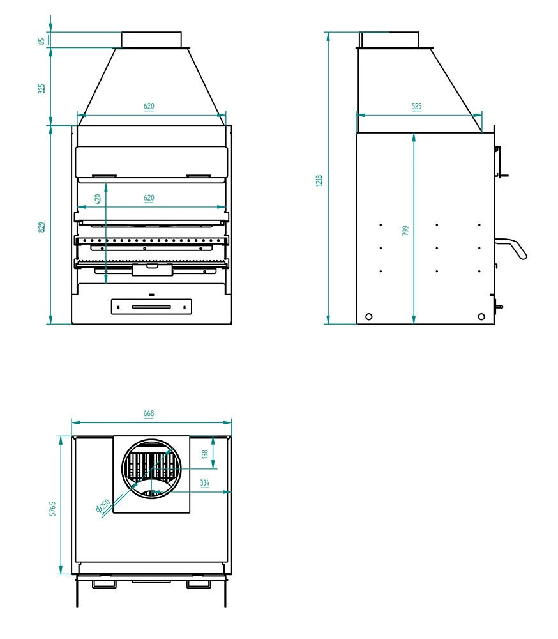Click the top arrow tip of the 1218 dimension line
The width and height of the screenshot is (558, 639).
(328, 32)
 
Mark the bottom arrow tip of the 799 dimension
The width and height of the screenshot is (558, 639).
(414, 324)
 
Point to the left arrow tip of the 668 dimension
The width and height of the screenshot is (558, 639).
(72, 422)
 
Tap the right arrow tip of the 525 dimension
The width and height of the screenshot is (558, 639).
(482, 115)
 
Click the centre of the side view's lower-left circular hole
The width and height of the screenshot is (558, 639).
(368, 317)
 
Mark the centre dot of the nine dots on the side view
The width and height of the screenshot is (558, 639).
(437, 248)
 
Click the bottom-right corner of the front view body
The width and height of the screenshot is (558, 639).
(232, 324)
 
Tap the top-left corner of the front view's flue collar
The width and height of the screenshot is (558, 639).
(121, 32)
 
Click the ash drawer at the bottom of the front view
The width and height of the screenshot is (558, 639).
(151, 307)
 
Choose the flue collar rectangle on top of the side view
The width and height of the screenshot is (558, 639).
(389, 40)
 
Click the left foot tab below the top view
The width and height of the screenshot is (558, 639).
(104, 584)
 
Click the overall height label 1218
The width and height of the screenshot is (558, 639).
(319, 181)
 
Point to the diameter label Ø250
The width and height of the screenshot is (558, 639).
(103, 505)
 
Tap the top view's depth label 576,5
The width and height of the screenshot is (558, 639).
(53, 509)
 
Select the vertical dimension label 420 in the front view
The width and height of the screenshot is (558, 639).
(98, 199)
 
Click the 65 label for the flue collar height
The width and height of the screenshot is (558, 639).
(41, 42)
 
